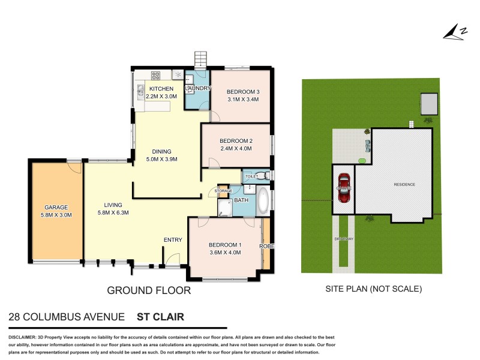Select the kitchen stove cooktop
point(155,76)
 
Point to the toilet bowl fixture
point(265,176)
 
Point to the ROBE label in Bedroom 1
point(266,246)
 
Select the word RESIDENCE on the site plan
point(404,184)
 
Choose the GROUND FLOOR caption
point(149,290)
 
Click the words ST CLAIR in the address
point(160,317)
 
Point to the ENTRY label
point(173,240)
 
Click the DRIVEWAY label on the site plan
point(344,239)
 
